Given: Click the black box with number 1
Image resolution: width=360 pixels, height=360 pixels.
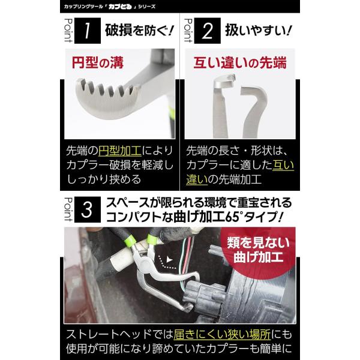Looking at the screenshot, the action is (x=88, y=31).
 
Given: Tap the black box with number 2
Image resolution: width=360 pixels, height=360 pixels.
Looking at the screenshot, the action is (x=208, y=31).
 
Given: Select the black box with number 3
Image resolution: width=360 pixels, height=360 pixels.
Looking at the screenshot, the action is (x=88, y=209).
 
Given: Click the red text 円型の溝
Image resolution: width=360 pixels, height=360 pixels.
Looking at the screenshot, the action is (x=98, y=62).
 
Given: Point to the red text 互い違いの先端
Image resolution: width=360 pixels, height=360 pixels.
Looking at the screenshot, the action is (x=240, y=62).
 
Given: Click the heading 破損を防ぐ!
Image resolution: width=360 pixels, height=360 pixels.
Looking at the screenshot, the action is (x=139, y=31).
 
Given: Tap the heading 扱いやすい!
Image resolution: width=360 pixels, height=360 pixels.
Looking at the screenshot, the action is (x=259, y=31).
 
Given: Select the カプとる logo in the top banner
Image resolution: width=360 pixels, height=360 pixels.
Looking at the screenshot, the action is (x=120, y=7).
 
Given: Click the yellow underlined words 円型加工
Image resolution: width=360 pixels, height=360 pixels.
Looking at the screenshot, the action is (x=120, y=151).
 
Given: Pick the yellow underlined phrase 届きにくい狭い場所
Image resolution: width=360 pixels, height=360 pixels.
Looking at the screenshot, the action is (x=222, y=335).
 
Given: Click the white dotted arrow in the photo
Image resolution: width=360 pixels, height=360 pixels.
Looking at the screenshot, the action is (x=167, y=262).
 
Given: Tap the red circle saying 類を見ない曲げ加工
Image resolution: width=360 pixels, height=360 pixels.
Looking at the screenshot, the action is (x=258, y=250).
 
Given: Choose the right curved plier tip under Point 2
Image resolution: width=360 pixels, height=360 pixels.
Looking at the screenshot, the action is (x=254, y=110).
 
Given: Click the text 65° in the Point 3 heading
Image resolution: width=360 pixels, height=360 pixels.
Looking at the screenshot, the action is (x=234, y=217).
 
